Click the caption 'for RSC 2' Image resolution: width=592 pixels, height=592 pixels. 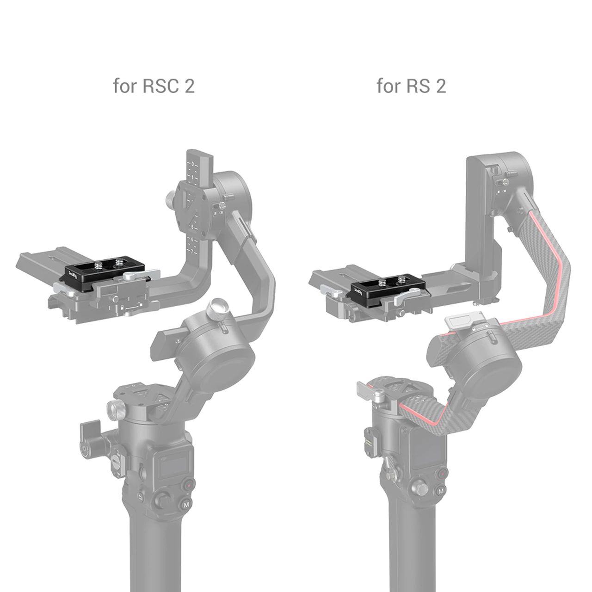[154, 86]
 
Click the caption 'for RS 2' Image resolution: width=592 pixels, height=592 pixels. [411, 86]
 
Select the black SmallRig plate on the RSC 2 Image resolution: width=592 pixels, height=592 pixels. [105, 272]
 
